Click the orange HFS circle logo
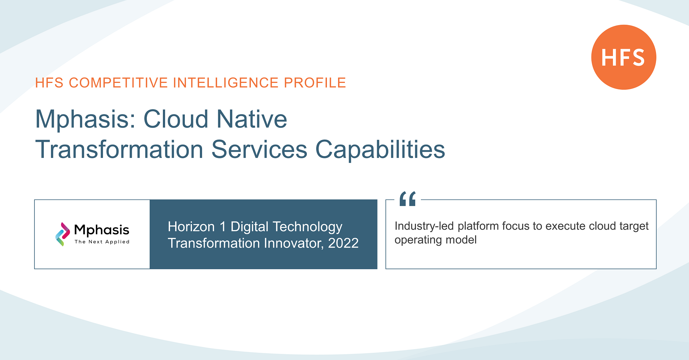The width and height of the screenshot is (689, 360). click(624, 57)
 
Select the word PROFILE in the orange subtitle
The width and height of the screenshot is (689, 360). click(315, 83)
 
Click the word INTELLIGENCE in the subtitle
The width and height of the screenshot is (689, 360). click(226, 83)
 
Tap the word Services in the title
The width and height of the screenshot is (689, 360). click(259, 149)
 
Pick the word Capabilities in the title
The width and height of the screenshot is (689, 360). click(380, 150)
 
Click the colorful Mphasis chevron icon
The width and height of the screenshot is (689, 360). click(62, 234)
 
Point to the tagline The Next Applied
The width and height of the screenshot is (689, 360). click(102, 242)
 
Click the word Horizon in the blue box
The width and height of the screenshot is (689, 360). click(191, 227)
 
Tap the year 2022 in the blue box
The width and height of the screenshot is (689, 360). click(343, 243)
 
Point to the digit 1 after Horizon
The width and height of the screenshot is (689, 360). click(223, 227)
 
